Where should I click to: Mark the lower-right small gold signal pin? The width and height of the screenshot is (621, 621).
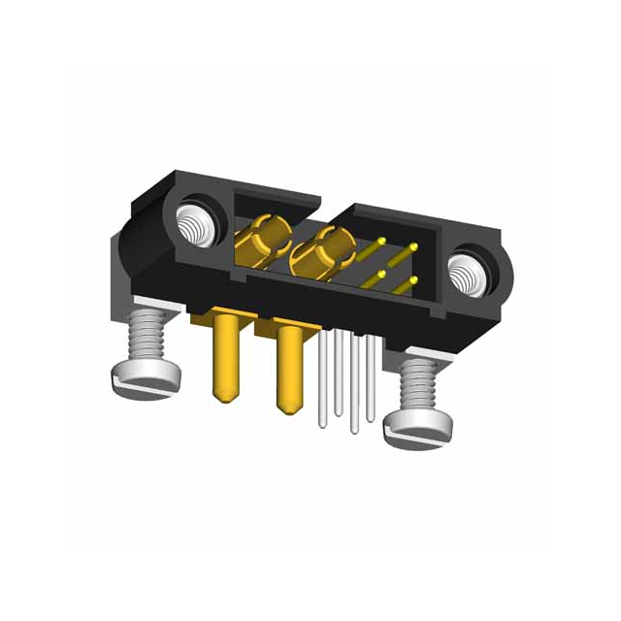coord(413,282)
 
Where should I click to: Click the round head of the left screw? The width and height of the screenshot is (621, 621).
coord(144,377)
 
